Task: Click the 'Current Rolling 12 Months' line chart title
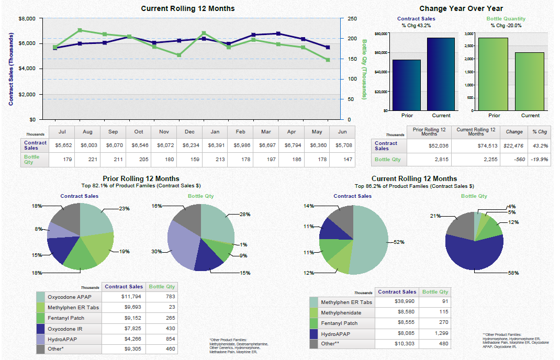(x=188, y=8)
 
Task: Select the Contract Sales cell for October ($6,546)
(x=139, y=145)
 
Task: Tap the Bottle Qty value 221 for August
(x=87, y=159)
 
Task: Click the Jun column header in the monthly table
(x=342, y=132)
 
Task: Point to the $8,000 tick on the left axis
(x=27, y=19)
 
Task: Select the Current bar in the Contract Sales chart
(x=441, y=74)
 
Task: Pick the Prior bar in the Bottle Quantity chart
(x=493, y=74)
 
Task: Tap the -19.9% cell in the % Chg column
(x=539, y=160)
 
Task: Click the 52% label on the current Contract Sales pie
(x=399, y=242)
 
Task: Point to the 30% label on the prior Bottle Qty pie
(x=156, y=252)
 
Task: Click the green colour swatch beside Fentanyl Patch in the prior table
(x=41, y=318)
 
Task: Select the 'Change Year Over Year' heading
(x=461, y=8)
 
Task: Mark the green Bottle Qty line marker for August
(x=80, y=30)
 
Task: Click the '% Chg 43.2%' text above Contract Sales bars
(x=416, y=26)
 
